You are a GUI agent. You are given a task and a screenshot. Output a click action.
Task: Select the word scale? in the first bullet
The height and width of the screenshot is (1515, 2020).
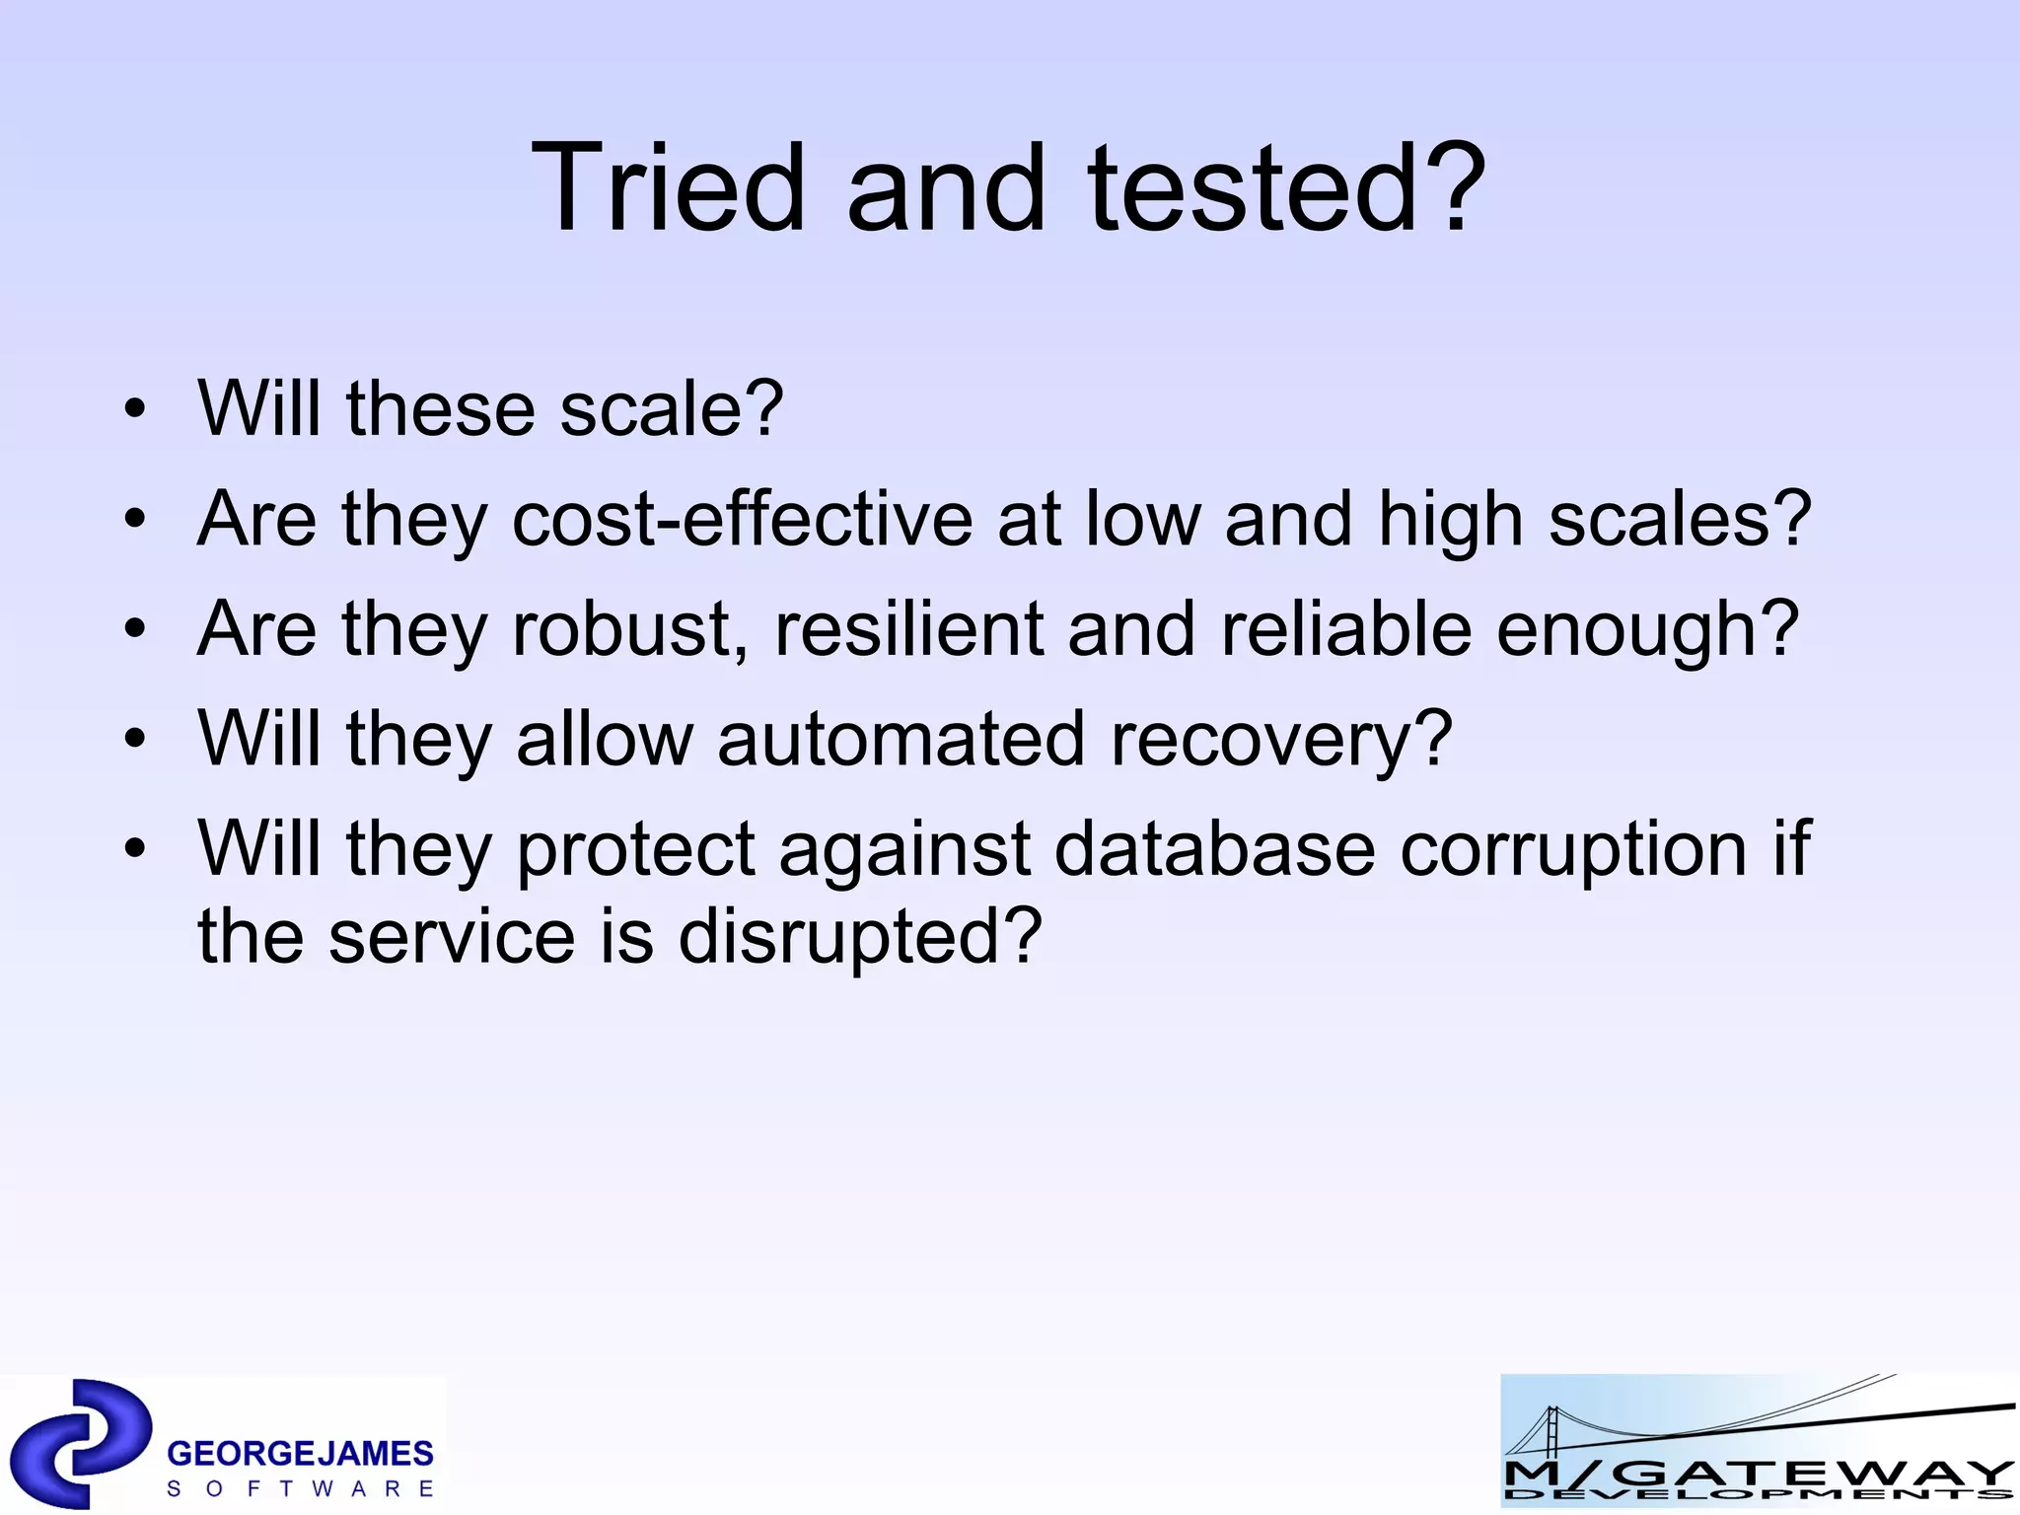pyautogui.click(x=672, y=408)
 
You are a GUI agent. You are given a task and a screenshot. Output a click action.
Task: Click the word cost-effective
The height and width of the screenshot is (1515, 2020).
pyautogui.click(x=743, y=519)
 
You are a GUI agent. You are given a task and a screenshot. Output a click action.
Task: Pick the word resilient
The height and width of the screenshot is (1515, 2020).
pyautogui.click(x=908, y=629)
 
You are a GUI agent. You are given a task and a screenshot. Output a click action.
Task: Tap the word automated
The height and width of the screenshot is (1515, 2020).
pyautogui.click(x=901, y=739)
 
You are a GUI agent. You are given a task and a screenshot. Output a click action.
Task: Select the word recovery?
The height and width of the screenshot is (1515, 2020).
pyautogui.click(x=1281, y=741)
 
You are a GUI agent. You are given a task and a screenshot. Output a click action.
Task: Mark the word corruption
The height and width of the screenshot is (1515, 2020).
pyautogui.click(x=1573, y=850)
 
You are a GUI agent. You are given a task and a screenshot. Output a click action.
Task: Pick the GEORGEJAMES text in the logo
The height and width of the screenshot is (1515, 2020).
pyautogui.click(x=300, y=1453)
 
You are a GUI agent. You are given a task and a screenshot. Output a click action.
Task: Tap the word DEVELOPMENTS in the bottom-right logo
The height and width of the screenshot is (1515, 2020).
pyautogui.click(x=1758, y=1495)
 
